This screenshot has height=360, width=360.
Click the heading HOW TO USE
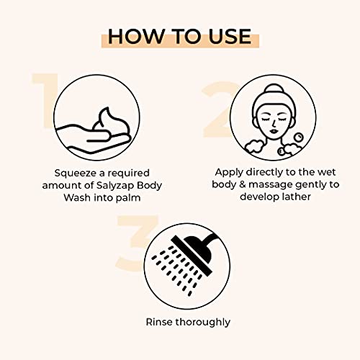click(x=179, y=36)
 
